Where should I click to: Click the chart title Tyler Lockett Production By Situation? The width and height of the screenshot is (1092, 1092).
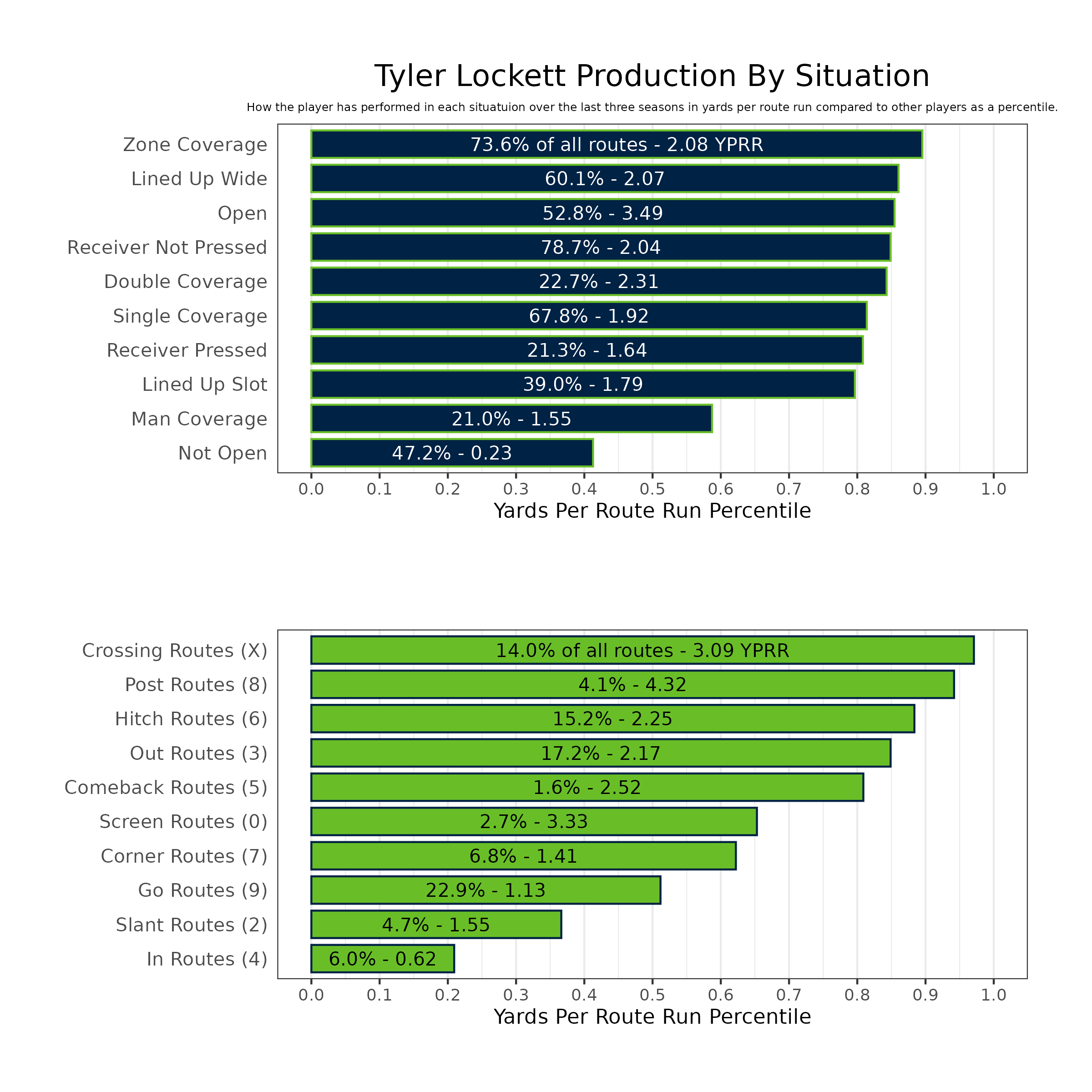(x=652, y=76)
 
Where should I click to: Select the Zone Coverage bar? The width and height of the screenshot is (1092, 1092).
(x=616, y=144)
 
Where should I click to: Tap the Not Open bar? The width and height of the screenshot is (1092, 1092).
(x=452, y=453)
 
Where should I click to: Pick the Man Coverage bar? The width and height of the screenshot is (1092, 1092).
(x=511, y=419)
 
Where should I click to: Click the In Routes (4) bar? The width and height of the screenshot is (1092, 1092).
(x=382, y=959)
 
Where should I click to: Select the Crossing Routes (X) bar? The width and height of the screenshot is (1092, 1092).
(x=642, y=651)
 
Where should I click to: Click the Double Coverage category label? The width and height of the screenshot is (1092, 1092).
(x=185, y=282)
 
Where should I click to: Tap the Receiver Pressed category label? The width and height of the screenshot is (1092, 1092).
(x=187, y=350)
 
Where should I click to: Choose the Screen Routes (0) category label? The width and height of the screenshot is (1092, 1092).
(x=183, y=822)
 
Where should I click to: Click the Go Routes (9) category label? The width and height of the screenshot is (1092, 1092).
(x=202, y=890)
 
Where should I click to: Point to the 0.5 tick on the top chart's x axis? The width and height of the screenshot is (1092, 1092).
(x=652, y=489)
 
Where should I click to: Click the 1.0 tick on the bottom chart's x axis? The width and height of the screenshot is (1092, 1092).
(x=994, y=995)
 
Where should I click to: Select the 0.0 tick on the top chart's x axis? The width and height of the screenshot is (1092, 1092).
(x=311, y=489)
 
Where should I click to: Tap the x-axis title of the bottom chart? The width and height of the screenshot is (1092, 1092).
(x=652, y=1017)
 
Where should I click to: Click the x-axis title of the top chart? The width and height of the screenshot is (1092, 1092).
(x=652, y=511)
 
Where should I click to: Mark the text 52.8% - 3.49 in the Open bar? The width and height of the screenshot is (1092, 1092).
(x=602, y=213)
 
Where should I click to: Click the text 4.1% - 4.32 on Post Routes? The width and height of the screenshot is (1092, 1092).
(x=632, y=685)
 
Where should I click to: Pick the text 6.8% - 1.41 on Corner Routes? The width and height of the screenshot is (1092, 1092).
(x=523, y=856)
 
